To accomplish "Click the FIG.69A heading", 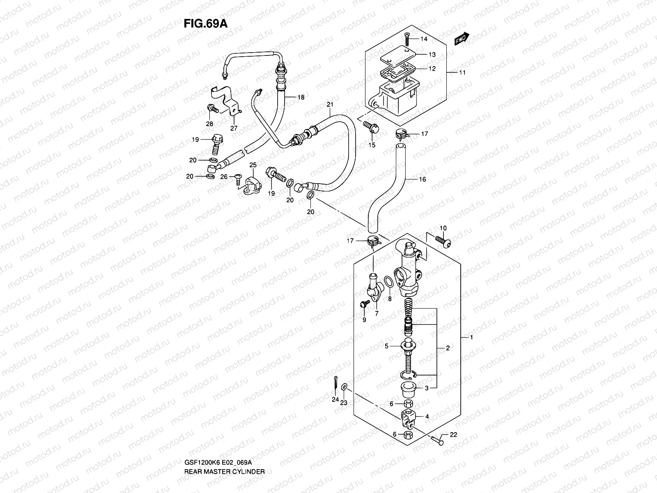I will click(x=205, y=23).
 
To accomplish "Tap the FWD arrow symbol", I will click(x=462, y=39).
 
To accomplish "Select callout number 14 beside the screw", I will click(x=424, y=39).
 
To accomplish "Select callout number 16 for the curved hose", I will click(x=422, y=179).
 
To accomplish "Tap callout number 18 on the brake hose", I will click(x=301, y=97).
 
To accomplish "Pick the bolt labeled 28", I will click(x=212, y=109).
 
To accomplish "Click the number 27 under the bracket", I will click(x=234, y=128).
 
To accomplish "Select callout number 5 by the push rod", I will click(x=386, y=346).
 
